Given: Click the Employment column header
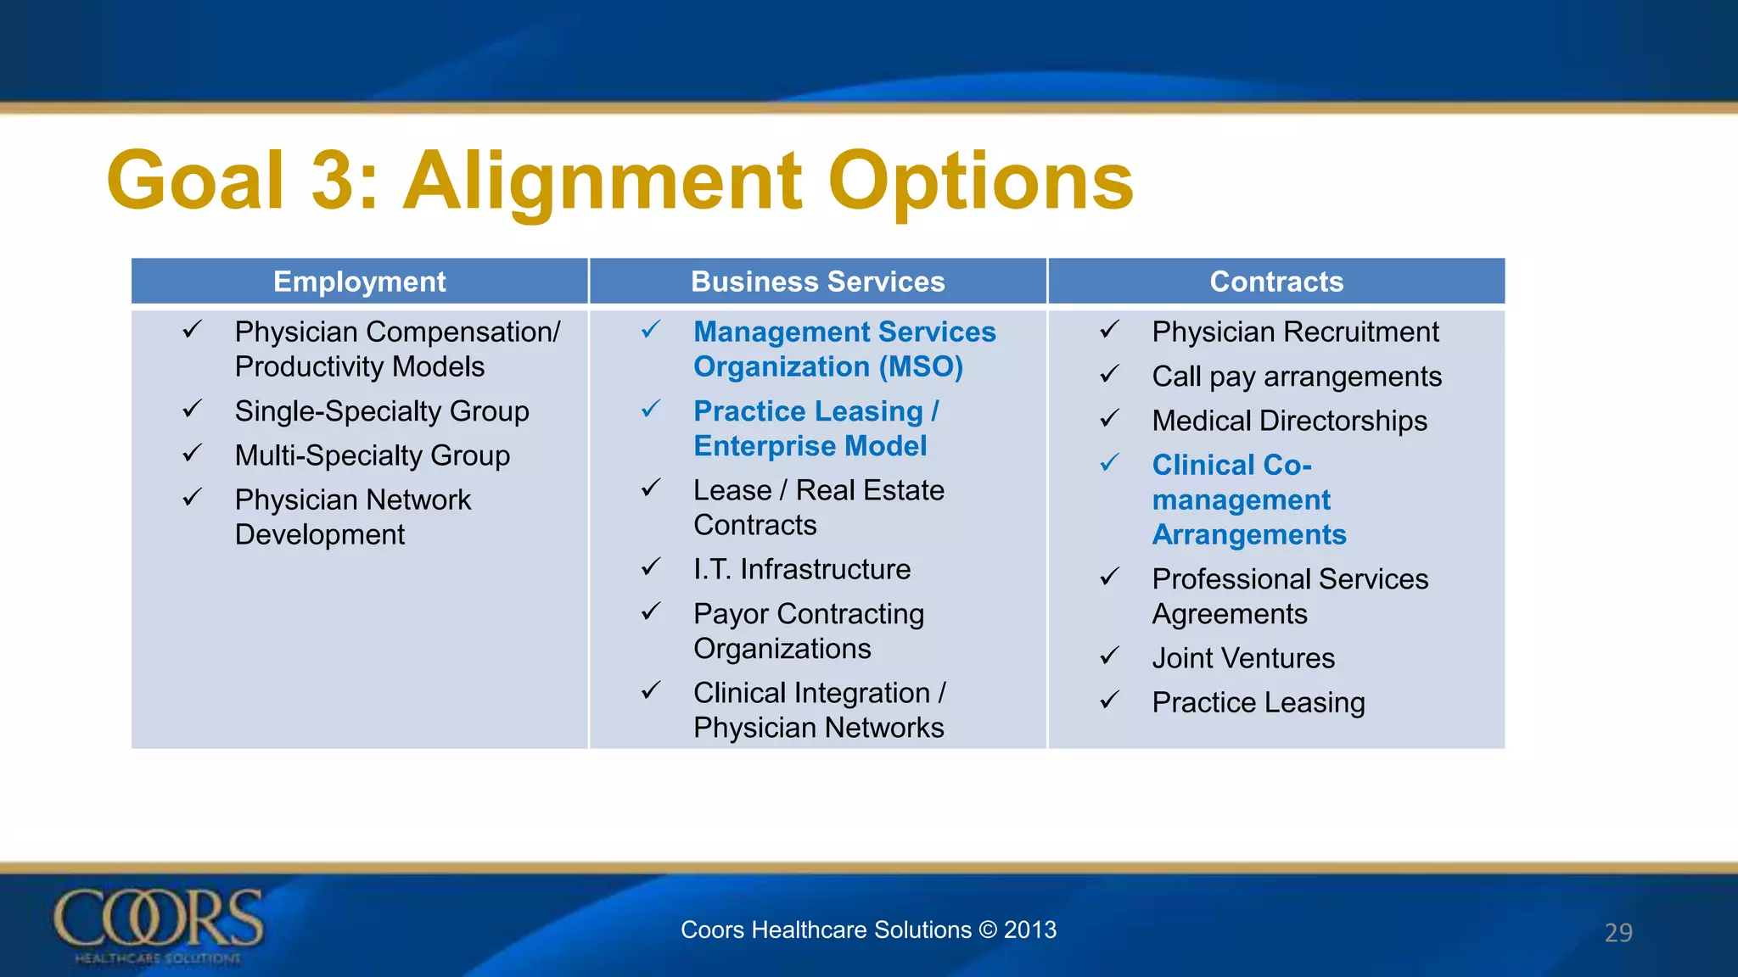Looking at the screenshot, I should coord(359,282).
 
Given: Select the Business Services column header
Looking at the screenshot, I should coord(817,282).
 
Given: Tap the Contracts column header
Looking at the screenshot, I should coord(1276,282).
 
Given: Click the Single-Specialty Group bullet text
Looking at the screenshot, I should coord(382,411).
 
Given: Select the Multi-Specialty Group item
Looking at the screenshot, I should coord(372,455).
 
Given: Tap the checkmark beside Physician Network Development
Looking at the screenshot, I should coord(193,498).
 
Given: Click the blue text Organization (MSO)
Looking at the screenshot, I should coord(827,367).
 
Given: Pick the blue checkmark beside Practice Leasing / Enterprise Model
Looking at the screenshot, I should coord(651,410).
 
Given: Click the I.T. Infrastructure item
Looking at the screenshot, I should coord(801,569).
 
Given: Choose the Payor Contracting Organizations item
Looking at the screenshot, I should coord(808,631).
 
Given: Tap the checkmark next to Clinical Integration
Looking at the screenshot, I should coord(651,691).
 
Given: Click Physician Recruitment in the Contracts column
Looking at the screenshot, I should coord(1295,332).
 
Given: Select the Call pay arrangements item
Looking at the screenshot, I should coord(1296,377).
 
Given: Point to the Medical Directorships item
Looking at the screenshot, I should coord(1289,421).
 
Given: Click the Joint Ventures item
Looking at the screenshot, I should coord(1242,658).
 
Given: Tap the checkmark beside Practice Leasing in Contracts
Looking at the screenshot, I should coord(1110,701).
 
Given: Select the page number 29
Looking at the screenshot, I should coord(1617,932).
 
